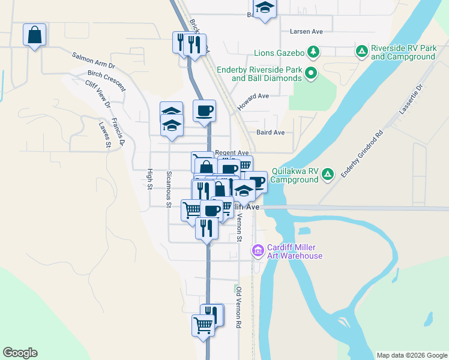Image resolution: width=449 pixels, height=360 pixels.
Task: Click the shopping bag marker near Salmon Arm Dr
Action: [x=35, y=35]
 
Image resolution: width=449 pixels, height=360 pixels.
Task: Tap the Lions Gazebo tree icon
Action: [x=313, y=52]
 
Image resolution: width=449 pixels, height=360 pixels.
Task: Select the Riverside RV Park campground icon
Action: [x=361, y=52]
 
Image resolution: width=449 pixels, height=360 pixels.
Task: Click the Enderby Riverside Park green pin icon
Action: [x=310, y=74]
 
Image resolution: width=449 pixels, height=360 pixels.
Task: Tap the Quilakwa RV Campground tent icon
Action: [x=327, y=175]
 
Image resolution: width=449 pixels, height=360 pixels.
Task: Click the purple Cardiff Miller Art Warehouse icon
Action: [x=258, y=250]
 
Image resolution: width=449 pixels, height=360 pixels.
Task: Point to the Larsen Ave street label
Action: [x=306, y=31]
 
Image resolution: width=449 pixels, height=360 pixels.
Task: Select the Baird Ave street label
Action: [x=270, y=133]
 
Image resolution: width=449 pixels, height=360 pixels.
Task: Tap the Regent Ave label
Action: [x=232, y=153]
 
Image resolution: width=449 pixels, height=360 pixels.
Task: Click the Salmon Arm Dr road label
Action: [x=93, y=59]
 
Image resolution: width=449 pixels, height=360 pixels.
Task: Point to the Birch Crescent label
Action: [x=107, y=80]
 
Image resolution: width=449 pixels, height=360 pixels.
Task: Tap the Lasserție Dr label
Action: [x=411, y=100]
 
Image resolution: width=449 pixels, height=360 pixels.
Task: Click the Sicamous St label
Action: [x=169, y=189]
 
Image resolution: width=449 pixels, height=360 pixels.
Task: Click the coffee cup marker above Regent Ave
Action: [x=204, y=111]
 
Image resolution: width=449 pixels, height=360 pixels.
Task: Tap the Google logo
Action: [x=20, y=353]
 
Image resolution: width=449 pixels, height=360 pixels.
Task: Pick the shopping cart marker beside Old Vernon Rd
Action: [x=203, y=326]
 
